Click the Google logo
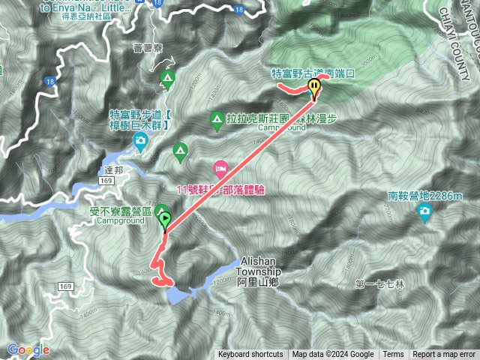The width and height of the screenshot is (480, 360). (28, 349)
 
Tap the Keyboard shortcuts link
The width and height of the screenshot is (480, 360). (250, 355)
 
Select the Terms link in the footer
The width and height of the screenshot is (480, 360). (393, 355)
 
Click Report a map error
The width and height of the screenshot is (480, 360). (444, 355)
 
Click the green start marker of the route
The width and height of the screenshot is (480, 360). (163, 221)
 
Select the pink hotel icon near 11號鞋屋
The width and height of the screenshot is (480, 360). (220, 166)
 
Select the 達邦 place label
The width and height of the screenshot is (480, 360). (108, 170)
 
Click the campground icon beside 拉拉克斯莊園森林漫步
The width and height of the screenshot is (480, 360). (216, 118)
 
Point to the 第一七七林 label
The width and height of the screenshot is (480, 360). (379, 284)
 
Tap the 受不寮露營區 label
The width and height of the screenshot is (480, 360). (120, 212)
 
